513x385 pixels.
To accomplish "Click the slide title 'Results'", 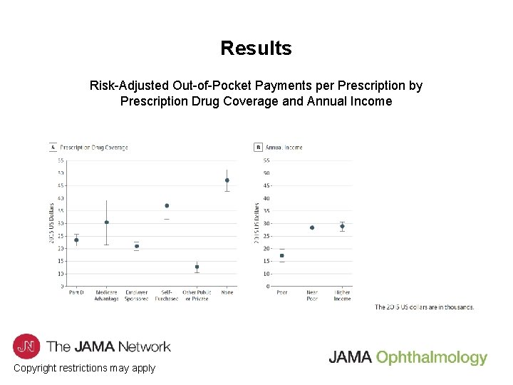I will coord(256,48).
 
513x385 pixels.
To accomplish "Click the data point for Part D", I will coord(76,240).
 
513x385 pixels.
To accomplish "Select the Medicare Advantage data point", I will coord(106,222).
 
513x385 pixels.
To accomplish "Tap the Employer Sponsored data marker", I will coord(137,246).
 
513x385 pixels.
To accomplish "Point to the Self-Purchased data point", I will coord(167,206).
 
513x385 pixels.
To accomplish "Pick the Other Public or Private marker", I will coord(197,267).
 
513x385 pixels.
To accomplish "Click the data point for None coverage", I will coord(227,180).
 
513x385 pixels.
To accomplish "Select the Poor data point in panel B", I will coord(281,255).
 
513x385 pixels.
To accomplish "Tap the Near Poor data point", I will coord(312,227).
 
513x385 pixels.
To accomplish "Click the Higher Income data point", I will coord(342,226).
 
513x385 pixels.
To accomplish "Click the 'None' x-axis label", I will coord(227,292).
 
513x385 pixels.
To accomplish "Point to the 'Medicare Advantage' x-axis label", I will coord(106,295).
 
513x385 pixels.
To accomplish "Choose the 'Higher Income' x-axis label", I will coord(342,295).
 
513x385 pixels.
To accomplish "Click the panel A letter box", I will coord(53,148).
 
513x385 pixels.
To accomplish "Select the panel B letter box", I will coord(258,148).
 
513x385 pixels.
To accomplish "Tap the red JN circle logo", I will coord(26,346).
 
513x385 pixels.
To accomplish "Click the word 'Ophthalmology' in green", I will coord(431,358).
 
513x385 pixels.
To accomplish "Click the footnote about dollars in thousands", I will coord(424,307).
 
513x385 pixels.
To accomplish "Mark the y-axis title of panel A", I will coord(51,222).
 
